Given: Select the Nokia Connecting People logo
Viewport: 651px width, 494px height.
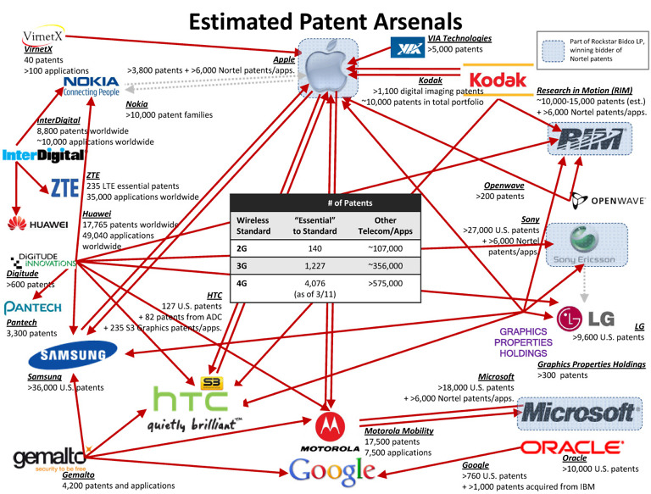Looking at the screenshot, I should coord(91,85).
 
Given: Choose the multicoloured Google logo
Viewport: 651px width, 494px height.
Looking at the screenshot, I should coord(331,470).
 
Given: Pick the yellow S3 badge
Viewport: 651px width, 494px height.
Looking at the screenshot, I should coord(211,372).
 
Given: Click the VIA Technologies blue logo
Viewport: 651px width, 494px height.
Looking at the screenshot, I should coord(406,47).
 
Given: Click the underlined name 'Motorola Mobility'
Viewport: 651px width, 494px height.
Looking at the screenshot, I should coord(399,430).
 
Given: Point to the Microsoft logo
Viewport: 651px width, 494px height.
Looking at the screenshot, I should coord(578,413).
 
